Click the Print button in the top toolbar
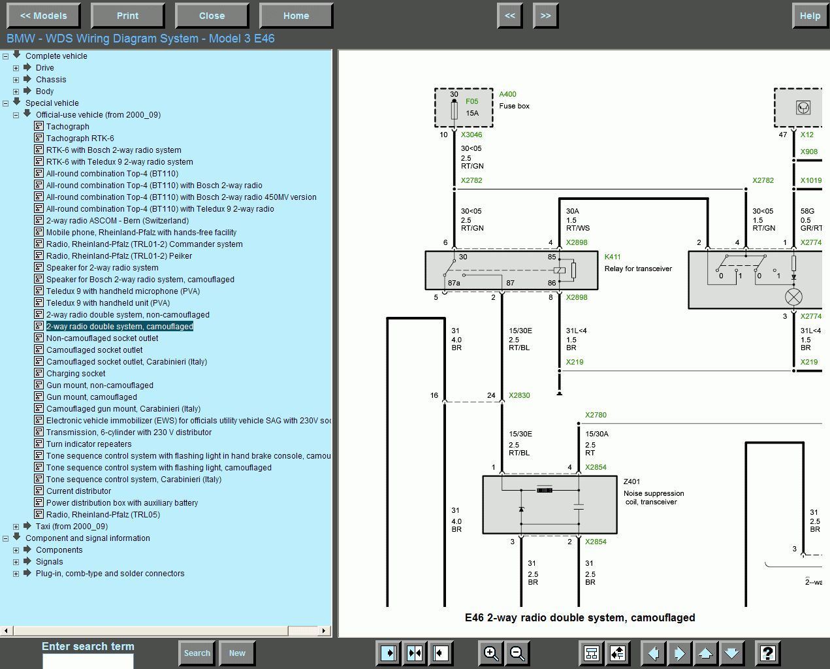pos(127,16)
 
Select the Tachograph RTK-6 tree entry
pos(80,138)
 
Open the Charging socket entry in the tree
pos(76,374)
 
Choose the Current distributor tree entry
pos(78,491)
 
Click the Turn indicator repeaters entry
pos(89,444)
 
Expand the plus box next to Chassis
pos(16,80)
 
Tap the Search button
pos(197,653)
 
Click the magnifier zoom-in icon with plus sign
pos(490,653)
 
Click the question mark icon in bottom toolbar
pos(767,653)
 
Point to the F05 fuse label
pos(471,101)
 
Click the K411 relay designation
pos(613,257)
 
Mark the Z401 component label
pos(631,481)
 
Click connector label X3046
pos(471,135)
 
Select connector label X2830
pos(519,395)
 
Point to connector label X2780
pos(596,415)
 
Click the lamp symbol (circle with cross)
pos(793,297)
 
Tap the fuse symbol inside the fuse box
pos(455,110)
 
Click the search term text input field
pos(88,661)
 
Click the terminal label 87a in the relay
pos(454,283)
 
